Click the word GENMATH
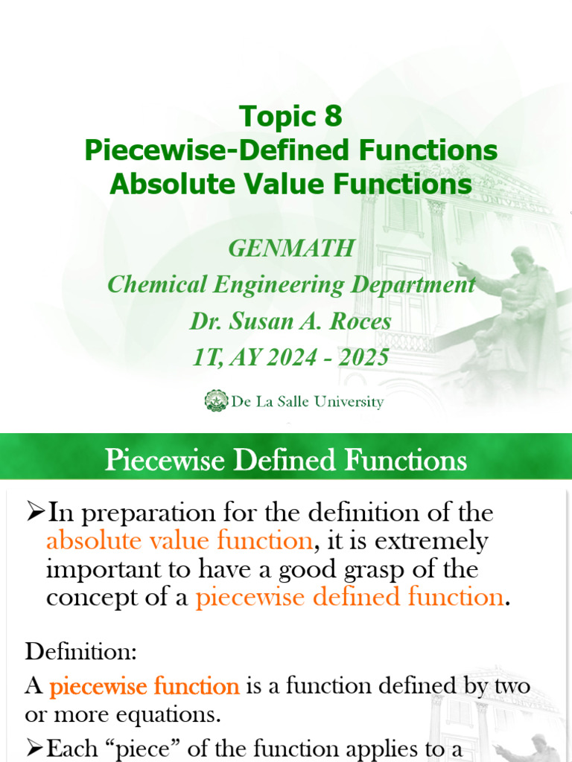291,249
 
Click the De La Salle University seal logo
217,401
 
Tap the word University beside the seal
349,402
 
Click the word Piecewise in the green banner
164,460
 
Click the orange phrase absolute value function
179,541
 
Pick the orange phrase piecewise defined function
349,598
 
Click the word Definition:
81,652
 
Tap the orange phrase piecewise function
144,686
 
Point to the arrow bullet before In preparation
36,512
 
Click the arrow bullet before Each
36,748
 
